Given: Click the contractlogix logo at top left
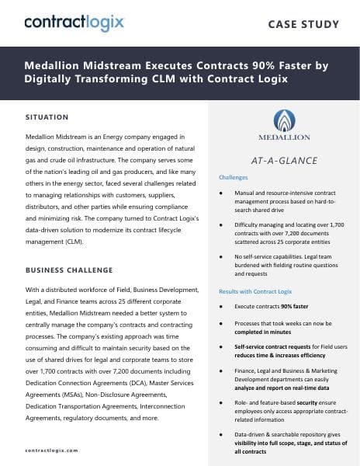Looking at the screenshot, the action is click(74, 23).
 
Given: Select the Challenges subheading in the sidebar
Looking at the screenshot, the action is click(232, 177).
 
